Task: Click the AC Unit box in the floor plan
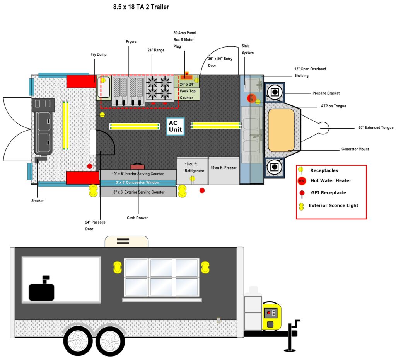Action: [x=175, y=126]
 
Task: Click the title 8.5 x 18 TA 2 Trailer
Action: [x=141, y=7]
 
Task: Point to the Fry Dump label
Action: [x=99, y=54]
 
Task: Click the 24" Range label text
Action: [x=156, y=50]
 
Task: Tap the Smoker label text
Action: [x=38, y=201]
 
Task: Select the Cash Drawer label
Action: [x=137, y=218]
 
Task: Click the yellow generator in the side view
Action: [x=271, y=316]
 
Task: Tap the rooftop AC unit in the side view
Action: [x=126, y=241]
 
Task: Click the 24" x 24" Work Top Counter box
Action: [x=187, y=91]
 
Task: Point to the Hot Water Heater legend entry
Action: [x=331, y=181]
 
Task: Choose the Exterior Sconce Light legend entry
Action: [x=333, y=205]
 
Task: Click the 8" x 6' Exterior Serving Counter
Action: [x=138, y=192]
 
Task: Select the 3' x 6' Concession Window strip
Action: [x=138, y=183]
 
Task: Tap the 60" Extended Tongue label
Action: [x=376, y=127]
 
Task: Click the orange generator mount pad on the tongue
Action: [x=281, y=130]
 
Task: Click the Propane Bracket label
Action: [x=326, y=93]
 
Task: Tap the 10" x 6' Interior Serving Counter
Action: [x=138, y=174]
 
